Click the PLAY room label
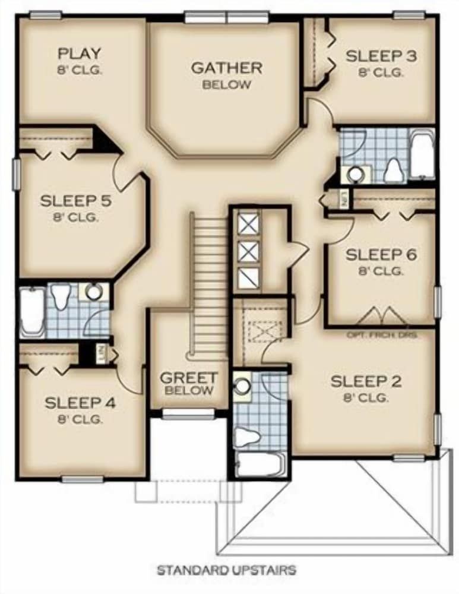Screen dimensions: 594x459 79,59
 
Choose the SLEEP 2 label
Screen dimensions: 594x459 366,387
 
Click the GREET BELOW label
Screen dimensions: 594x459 189,383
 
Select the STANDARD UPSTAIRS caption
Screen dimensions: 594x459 226,570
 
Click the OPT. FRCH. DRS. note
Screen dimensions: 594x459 382,335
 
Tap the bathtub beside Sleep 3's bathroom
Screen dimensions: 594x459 422,156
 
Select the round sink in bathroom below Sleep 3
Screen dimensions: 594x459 356,173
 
